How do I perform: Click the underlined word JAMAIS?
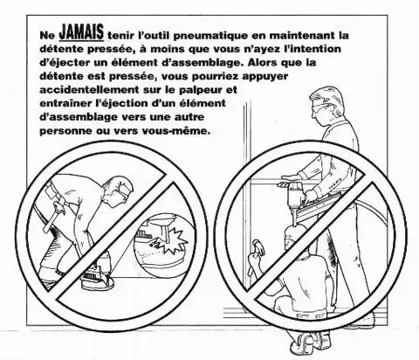pos(81,32)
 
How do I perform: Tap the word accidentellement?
pos(89,89)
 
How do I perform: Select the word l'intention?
pos(313,49)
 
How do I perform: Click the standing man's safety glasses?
pos(320,107)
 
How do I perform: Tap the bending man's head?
pos(119,190)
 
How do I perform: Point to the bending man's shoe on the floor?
pos(98,282)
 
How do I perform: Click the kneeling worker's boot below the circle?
pos(306,340)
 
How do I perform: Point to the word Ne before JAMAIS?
pos(47,36)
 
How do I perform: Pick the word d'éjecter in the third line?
pos(64,63)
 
